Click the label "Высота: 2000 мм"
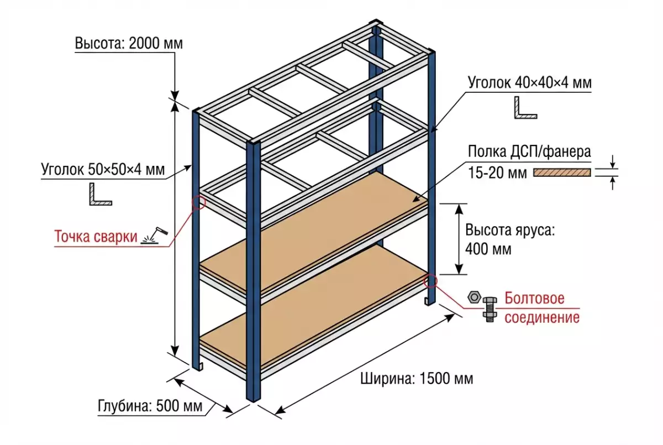tap(129, 44)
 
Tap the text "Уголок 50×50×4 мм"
tap(103, 170)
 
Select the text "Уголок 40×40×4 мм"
tap(529, 83)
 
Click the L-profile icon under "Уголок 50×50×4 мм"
tap(100, 195)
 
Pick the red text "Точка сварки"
tap(95, 237)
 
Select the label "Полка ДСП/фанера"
tap(529, 151)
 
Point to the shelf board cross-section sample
tap(561, 172)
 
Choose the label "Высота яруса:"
tap(508, 230)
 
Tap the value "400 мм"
tap(488, 249)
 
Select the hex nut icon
tap(473, 297)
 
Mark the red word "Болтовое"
tap(534, 299)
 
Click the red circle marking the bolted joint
tap(430, 281)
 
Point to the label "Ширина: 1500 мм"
tap(417, 379)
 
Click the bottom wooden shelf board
tap(309, 321)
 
